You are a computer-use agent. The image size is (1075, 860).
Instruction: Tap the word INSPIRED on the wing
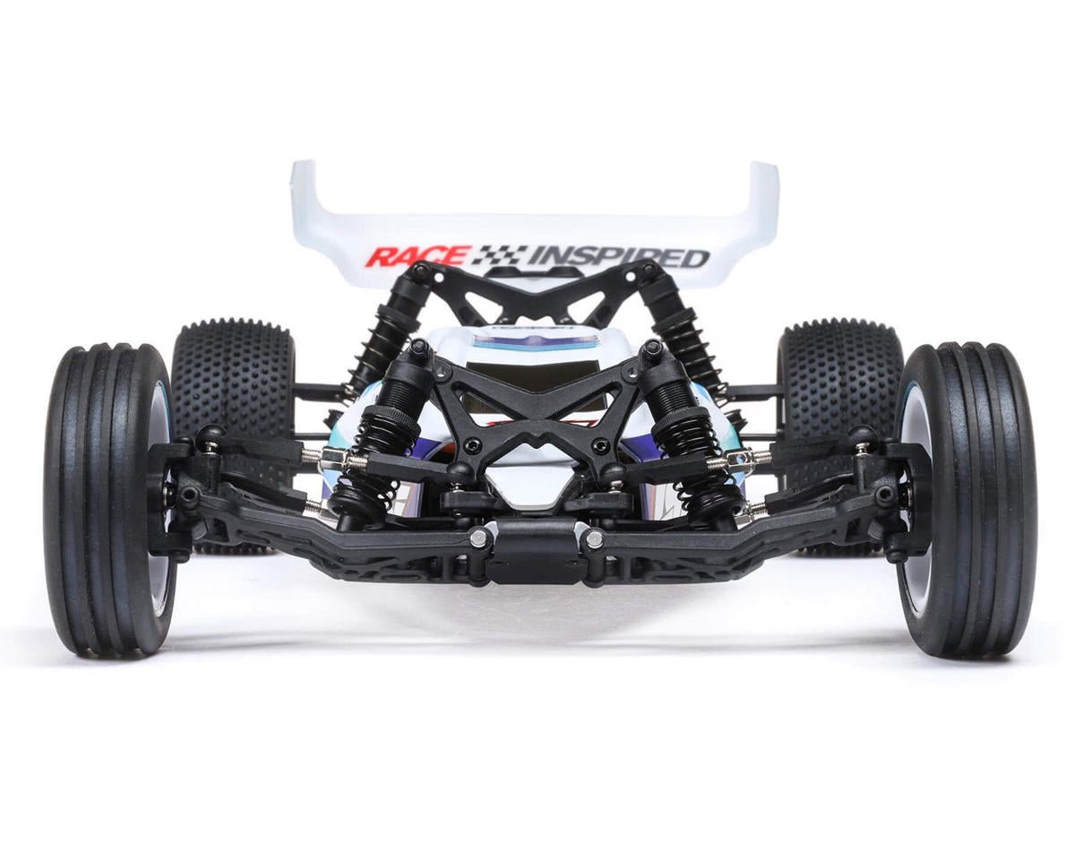tap(618, 257)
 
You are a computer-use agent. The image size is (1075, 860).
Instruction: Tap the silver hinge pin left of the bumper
tap(478, 537)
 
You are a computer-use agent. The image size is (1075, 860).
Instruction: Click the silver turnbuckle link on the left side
tap(333, 459)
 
